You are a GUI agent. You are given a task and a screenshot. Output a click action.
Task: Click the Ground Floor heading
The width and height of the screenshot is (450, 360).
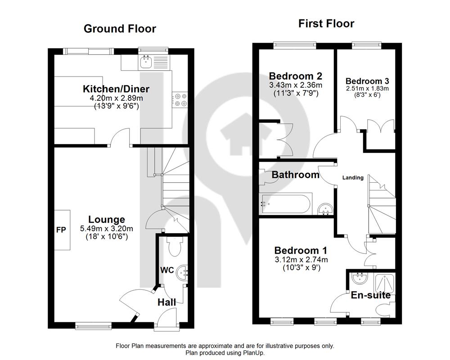point(120,29)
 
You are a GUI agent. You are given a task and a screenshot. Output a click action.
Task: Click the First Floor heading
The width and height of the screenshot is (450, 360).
point(326,23)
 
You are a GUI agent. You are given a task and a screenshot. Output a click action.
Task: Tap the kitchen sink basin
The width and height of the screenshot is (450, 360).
point(146,62)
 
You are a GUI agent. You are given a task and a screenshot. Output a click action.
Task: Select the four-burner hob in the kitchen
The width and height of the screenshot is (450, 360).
point(180,99)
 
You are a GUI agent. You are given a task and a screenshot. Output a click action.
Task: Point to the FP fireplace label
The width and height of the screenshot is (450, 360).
point(61,229)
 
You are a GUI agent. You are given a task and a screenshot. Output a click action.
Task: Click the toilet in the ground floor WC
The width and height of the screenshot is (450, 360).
point(174,246)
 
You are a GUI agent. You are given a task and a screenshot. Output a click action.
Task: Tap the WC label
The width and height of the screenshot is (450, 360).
point(167,270)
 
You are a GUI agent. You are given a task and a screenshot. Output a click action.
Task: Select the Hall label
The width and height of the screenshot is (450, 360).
point(167,302)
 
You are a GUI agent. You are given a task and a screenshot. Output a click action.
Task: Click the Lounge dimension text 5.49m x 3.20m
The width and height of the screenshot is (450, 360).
point(107,229)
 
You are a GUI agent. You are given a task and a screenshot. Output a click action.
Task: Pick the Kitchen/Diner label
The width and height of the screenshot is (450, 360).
point(116,89)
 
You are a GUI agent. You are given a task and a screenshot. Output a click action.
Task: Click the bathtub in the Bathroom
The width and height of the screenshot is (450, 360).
point(285,204)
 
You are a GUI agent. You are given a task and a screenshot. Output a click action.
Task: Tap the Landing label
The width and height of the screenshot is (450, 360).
point(353,178)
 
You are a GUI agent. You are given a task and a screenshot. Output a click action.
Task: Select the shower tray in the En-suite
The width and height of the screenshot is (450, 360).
point(385,282)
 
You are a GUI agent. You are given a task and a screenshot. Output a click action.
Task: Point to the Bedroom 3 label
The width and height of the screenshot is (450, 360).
point(367,81)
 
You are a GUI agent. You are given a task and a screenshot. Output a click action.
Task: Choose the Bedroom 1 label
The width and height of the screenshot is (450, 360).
point(301,250)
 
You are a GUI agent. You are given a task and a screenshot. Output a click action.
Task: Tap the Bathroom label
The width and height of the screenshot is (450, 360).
point(295,175)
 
